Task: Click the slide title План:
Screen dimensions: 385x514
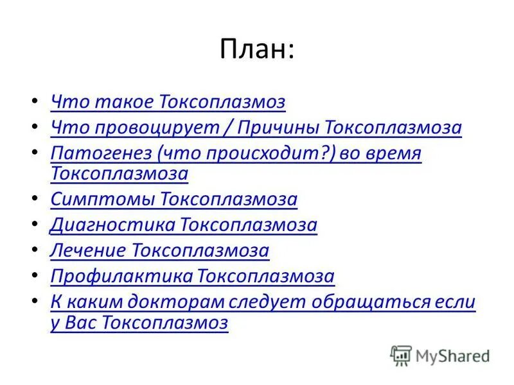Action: (x=257, y=49)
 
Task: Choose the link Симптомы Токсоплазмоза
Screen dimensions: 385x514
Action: (x=173, y=199)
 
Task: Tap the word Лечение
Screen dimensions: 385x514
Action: (x=88, y=250)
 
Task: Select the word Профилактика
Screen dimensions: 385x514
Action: (x=121, y=277)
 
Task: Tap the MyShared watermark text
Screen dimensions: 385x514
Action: (x=452, y=355)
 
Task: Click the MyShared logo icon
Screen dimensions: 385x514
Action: (x=400, y=355)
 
